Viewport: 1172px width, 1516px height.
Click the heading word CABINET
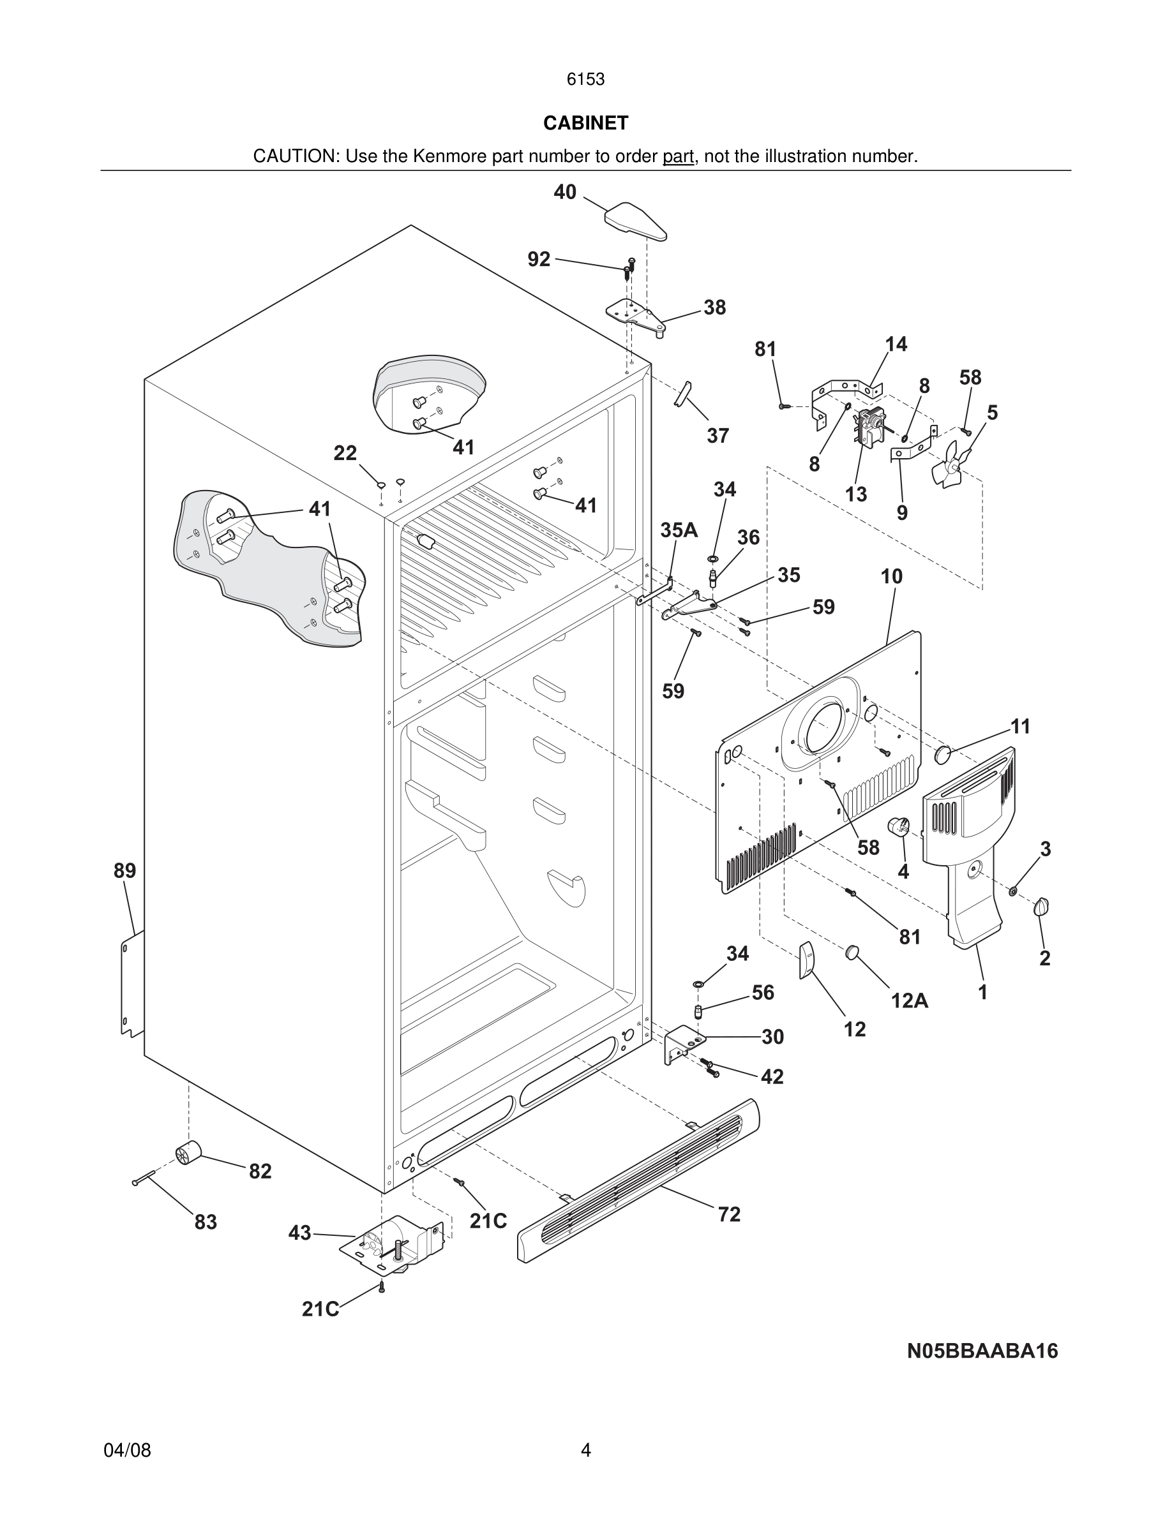point(585,123)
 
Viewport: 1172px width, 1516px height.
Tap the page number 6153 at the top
point(585,80)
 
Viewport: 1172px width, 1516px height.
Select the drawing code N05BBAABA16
point(982,1351)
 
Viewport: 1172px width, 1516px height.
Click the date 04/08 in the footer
point(127,1450)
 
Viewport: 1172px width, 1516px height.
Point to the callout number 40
point(564,192)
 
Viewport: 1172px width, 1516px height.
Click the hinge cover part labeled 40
point(635,221)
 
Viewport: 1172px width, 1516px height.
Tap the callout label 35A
point(679,530)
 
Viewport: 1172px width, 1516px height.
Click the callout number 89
point(125,870)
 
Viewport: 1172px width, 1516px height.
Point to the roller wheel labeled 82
point(188,1152)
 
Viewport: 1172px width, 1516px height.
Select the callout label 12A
point(910,1000)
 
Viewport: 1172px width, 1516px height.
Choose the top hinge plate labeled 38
point(635,315)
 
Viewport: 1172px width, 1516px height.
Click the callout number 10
point(892,576)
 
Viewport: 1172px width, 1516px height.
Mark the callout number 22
point(345,453)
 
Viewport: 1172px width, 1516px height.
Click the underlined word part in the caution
point(678,157)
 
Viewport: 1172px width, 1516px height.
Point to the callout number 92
point(539,259)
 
